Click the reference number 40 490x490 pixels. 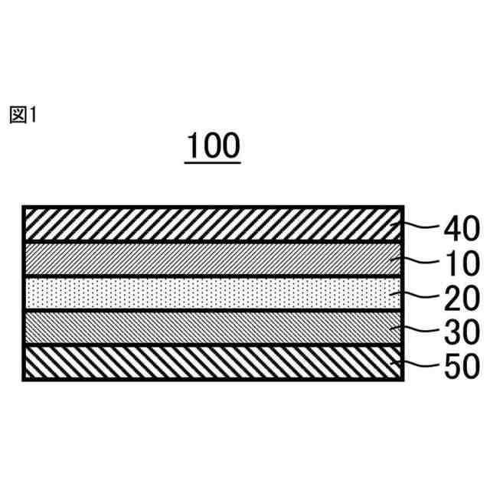(460, 228)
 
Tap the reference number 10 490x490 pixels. (460, 263)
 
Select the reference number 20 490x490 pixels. (460, 298)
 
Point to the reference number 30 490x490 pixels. (460, 332)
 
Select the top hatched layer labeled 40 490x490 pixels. (207, 225)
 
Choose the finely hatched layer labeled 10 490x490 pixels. (207, 260)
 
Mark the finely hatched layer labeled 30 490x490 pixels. (207, 328)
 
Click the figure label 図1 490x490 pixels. (23, 115)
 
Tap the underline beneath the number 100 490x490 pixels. (213, 162)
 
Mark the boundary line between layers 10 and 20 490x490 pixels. (207, 276)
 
